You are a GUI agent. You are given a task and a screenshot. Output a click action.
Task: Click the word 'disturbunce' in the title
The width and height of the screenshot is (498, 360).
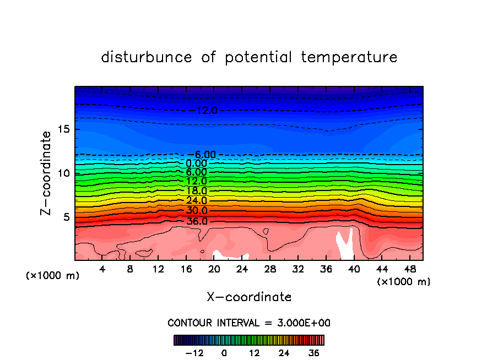click(x=147, y=57)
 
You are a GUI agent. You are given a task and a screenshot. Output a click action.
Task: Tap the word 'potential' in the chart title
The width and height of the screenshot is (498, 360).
click(x=258, y=57)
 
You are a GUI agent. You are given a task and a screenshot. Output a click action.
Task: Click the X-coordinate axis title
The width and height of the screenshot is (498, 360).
click(x=249, y=297)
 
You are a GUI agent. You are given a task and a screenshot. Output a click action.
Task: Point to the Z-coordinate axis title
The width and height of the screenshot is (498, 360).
click(x=47, y=173)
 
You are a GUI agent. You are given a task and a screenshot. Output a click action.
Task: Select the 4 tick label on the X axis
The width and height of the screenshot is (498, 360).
click(x=102, y=269)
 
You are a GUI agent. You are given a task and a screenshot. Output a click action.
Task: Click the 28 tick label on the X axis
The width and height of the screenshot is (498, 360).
click(x=270, y=269)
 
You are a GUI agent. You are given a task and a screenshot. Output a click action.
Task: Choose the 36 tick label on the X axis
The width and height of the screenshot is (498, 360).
click(x=326, y=269)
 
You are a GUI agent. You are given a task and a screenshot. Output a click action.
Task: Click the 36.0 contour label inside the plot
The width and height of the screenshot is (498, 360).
click(x=197, y=221)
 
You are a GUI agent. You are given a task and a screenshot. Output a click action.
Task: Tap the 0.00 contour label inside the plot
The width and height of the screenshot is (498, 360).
click(x=197, y=163)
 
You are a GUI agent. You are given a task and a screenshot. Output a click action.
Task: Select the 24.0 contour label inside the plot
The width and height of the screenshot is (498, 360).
click(x=197, y=201)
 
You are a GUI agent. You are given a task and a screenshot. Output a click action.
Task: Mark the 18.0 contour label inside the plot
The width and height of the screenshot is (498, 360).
click(x=197, y=191)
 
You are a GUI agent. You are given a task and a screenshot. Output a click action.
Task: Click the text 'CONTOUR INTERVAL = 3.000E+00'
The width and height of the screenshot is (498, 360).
click(x=249, y=323)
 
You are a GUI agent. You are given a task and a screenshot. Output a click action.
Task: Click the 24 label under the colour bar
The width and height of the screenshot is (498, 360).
click(x=284, y=353)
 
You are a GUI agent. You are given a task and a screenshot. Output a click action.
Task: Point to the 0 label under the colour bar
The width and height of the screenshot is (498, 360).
click(x=224, y=353)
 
